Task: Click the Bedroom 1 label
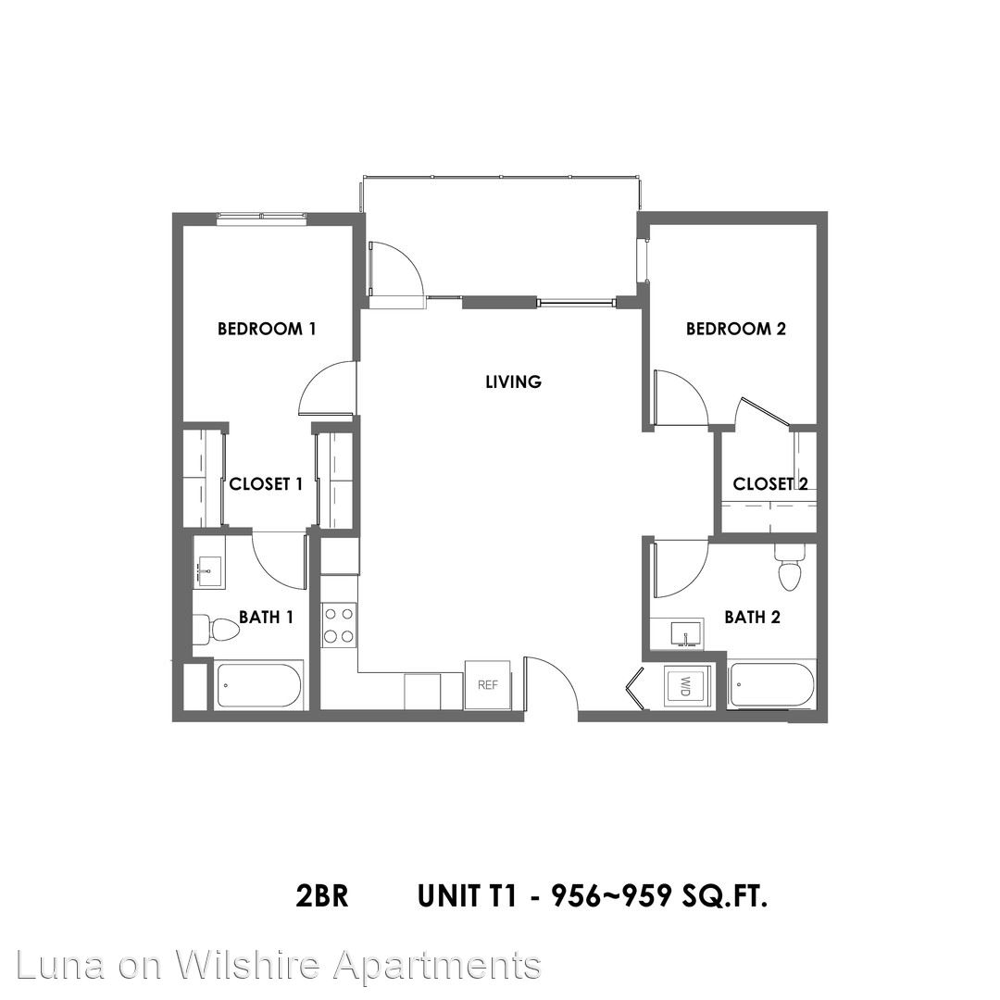[267, 329]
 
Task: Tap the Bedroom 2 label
[736, 329]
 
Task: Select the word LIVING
[513, 382]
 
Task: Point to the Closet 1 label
[266, 484]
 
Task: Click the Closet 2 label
[770, 484]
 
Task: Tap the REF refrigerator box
[487, 685]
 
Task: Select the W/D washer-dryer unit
[687, 687]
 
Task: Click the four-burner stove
[339, 625]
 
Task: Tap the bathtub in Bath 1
[258, 686]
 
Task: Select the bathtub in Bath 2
[771, 685]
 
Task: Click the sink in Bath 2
[685, 634]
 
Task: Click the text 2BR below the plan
[322, 896]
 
